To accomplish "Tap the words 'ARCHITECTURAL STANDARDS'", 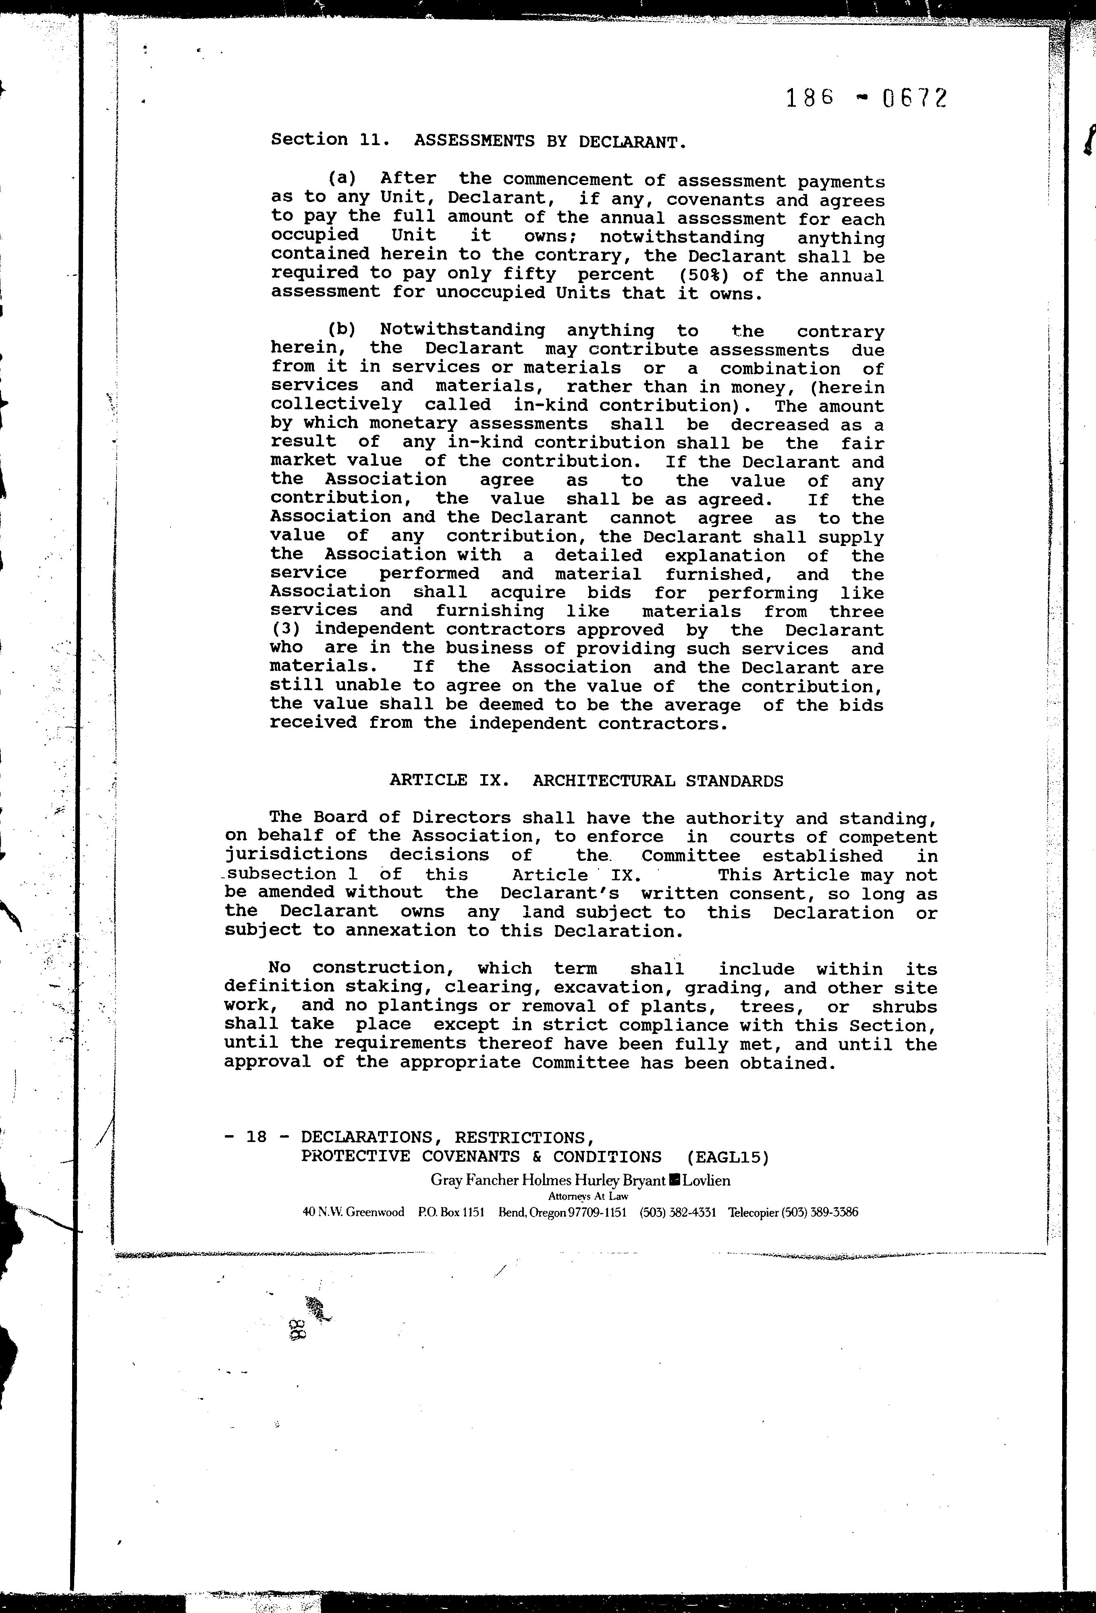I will [x=658, y=781].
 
